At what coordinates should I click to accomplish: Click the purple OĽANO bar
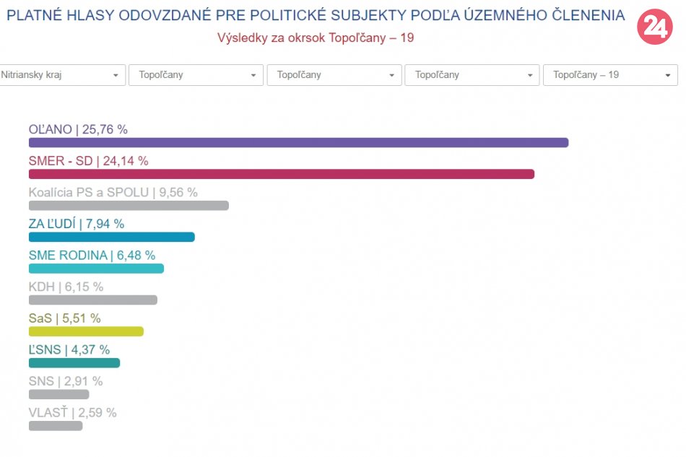pyautogui.click(x=298, y=142)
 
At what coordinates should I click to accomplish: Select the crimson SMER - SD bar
pyautogui.click(x=282, y=174)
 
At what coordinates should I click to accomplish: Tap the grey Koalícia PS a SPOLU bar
pyautogui.click(x=129, y=206)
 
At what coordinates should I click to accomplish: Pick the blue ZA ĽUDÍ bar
pyautogui.click(x=112, y=237)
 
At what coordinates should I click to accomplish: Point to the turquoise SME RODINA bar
pyautogui.click(x=96, y=269)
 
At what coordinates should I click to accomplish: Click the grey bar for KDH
pyautogui.click(x=92, y=300)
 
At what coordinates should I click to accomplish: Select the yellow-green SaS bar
pyautogui.click(x=86, y=331)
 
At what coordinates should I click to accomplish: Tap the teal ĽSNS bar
pyautogui.click(x=74, y=363)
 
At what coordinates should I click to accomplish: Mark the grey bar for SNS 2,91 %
pyautogui.click(x=58, y=394)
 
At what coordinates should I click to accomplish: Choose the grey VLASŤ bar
pyautogui.click(x=56, y=426)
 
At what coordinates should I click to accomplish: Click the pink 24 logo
pyautogui.click(x=654, y=27)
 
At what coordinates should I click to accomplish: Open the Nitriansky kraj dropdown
pyautogui.click(x=61, y=75)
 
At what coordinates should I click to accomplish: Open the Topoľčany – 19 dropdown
pyautogui.click(x=609, y=75)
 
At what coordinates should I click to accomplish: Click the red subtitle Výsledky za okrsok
pyautogui.click(x=316, y=38)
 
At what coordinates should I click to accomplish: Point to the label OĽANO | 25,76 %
pyautogui.click(x=78, y=130)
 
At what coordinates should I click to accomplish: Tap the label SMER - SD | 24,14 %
pyautogui.click(x=88, y=161)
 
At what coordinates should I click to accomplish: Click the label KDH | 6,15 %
pyautogui.click(x=66, y=287)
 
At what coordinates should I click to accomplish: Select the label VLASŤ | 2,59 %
pyautogui.click(x=72, y=413)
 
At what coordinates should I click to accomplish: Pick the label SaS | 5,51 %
pyautogui.click(x=64, y=318)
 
